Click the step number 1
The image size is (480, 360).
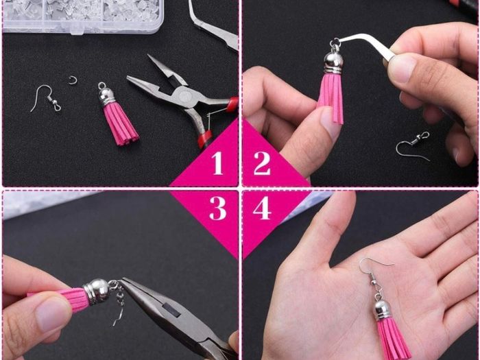[217, 163]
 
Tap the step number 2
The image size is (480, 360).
[262, 163]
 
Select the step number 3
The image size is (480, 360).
[218, 208]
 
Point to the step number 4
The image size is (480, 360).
[262, 208]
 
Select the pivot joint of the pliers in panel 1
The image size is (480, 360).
[184, 97]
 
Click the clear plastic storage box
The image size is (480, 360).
[83, 14]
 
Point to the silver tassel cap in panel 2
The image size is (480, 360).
[333, 60]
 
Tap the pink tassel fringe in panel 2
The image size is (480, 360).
[331, 97]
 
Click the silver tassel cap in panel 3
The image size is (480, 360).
[97, 291]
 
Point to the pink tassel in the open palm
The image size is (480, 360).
[393, 338]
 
